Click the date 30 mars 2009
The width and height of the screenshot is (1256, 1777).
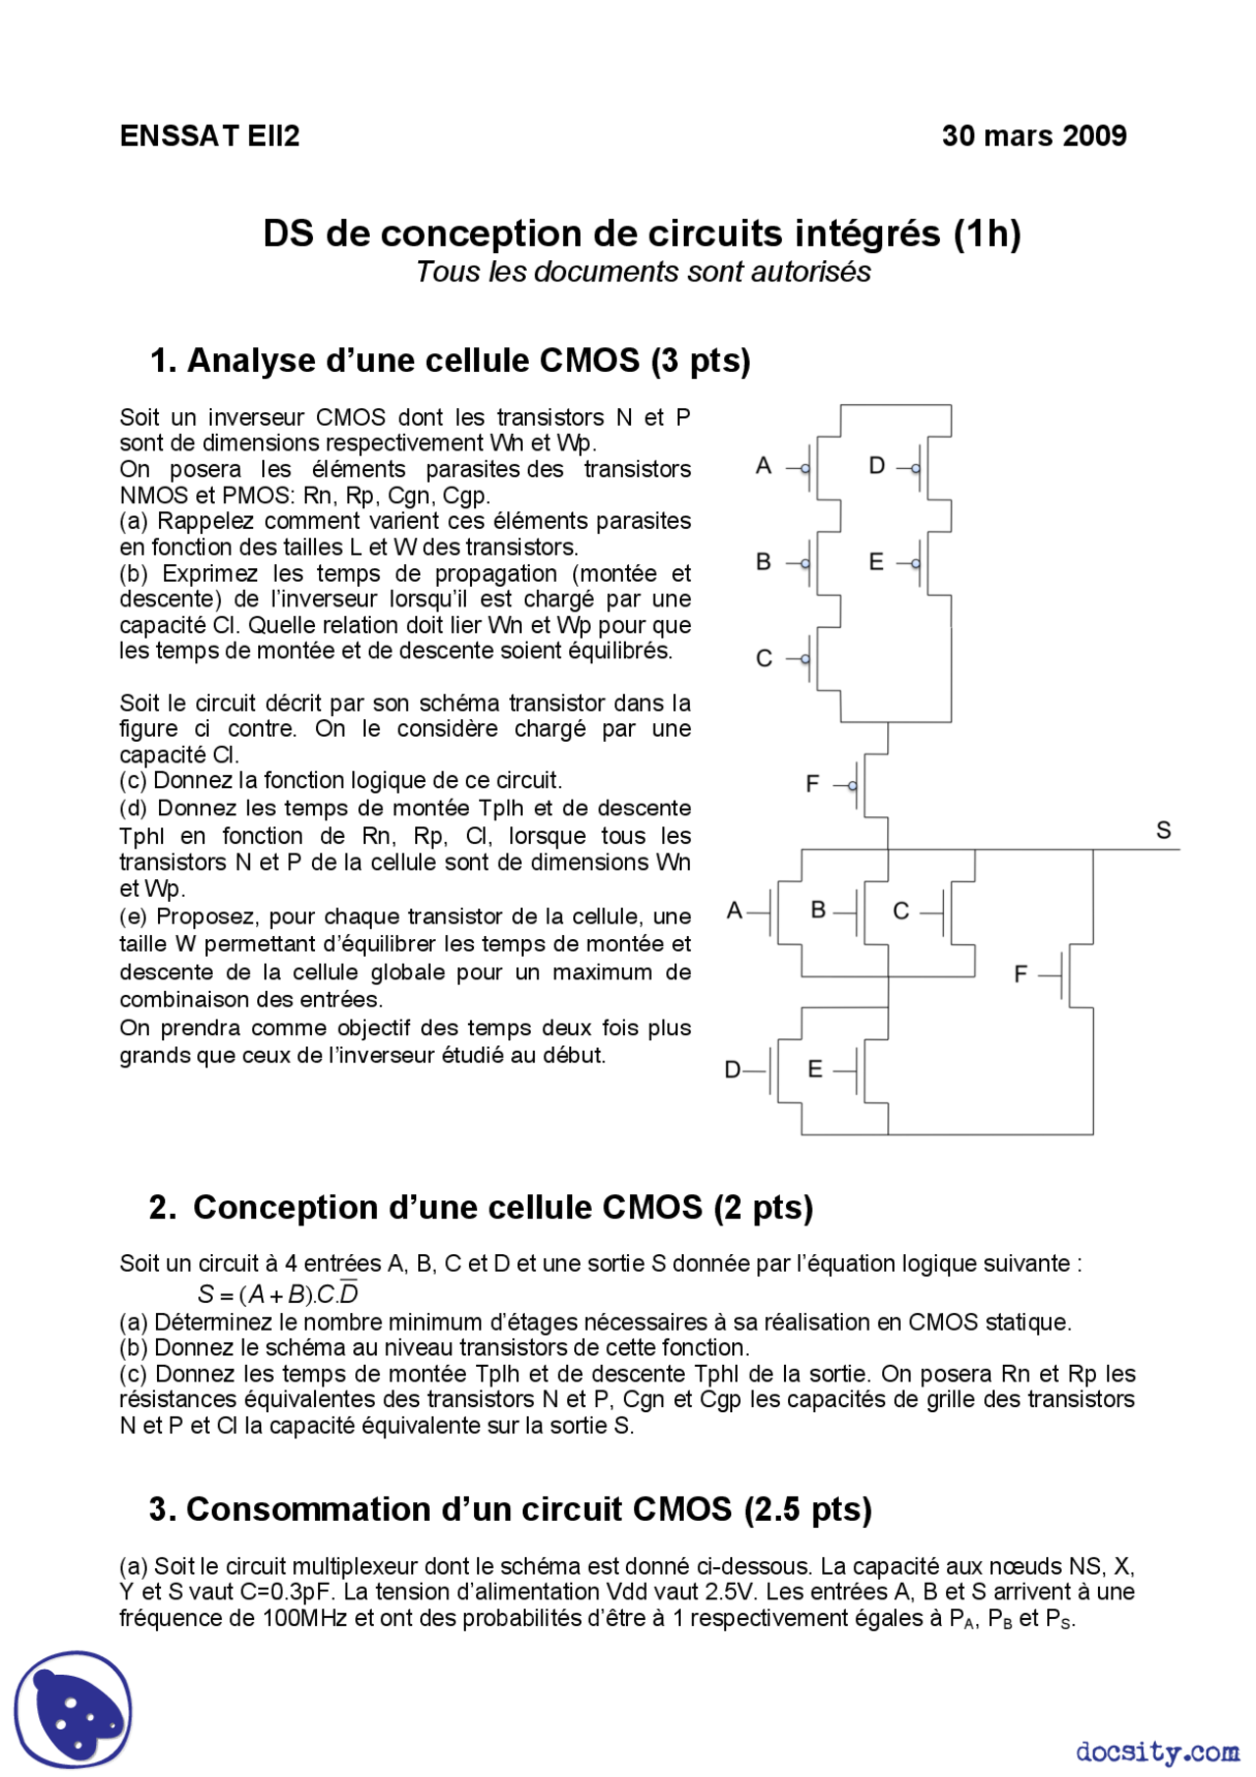tap(1033, 135)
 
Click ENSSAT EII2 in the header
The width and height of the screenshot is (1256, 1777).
tap(209, 135)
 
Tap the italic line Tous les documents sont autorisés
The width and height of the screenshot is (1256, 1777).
tap(643, 272)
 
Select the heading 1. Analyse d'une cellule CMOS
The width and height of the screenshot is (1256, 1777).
tap(449, 360)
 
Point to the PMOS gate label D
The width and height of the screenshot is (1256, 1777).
tap(876, 466)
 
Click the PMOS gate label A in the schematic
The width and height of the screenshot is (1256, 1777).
tap(763, 466)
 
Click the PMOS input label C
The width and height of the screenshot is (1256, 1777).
tap(763, 658)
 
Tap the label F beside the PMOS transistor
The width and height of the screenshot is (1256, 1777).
tap(811, 784)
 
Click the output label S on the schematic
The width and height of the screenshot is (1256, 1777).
tap(1163, 831)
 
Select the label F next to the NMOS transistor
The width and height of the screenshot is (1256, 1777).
tap(1020, 974)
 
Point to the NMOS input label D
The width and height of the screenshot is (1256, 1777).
tap(732, 1070)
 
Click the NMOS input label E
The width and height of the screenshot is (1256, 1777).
tap(814, 1069)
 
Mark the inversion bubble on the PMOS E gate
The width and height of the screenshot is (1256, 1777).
tap(916, 563)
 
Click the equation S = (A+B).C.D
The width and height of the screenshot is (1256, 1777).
tap(278, 1294)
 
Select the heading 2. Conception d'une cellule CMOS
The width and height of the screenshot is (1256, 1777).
tap(481, 1207)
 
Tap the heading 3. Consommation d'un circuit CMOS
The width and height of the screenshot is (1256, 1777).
tap(510, 1509)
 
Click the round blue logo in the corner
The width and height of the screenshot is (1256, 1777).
tap(73, 1708)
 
